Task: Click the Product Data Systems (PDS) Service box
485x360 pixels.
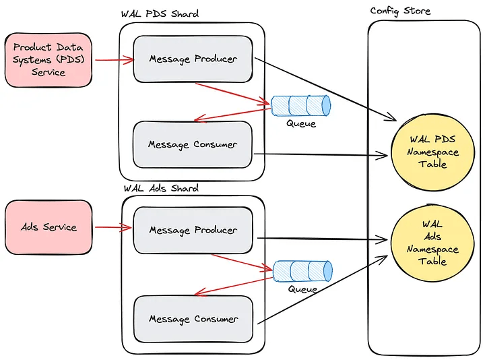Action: pyautogui.click(x=48, y=60)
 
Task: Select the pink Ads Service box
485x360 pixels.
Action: pyautogui.click(x=48, y=227)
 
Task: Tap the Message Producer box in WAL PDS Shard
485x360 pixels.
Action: pyautogui.click(x=193, y=59)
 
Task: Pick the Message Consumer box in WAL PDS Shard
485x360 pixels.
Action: pyautogui.click(x=193, y=144)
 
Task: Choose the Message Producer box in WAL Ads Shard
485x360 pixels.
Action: pyautogui.click(x=193, y=230)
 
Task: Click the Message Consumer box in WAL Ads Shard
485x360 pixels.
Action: pyautogui.click(x=193, y=319)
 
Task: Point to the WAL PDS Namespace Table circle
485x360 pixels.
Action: pyautogui.click(x=432, y=152)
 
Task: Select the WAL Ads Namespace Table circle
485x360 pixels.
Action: pyautogui.click(x=432, y=243)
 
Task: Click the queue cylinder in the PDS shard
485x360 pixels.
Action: pyautogui.click(x=301, y=104)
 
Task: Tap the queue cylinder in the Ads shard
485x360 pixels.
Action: pyautogui.click(x=302, y=271)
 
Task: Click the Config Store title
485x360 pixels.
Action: pyautogui.click(x=400, y=11)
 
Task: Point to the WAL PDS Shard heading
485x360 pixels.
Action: pyautogui.click(x=160, y=14)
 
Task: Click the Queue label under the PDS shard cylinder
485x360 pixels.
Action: pyautogui.click(x=300, y=123)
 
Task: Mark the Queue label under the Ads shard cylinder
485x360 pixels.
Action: pyautogui.click(x=302, y=289)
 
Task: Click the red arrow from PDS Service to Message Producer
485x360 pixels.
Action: pyautogui.click(x=115, y=60)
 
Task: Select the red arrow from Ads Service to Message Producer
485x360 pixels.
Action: pyautogui.click(x=112, y=227)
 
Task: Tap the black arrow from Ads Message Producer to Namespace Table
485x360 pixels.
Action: pyautogui.click(x=322, y=239)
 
